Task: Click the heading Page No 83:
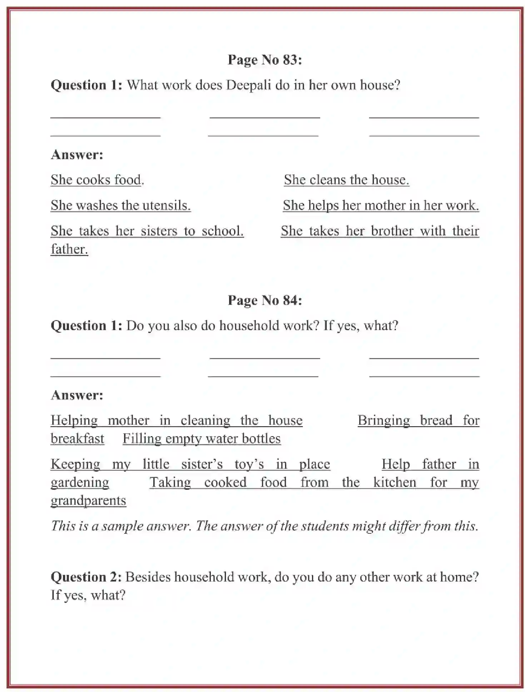click(264, 60)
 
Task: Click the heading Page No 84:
click(264, 300)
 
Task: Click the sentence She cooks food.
click(97, 180)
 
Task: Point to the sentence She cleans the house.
click(346, 180)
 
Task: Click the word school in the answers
click(222, 231)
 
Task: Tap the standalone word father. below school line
click(69, 249)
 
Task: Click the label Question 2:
click(86, 577)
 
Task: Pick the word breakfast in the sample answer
click(77, 439)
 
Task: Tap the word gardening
click(80, 483)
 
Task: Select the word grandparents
click(88, 501)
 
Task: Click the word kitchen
click(395, 483)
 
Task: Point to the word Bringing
click(383, 420)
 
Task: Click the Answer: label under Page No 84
click(77, 395)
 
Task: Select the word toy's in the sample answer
click(249, 464)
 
